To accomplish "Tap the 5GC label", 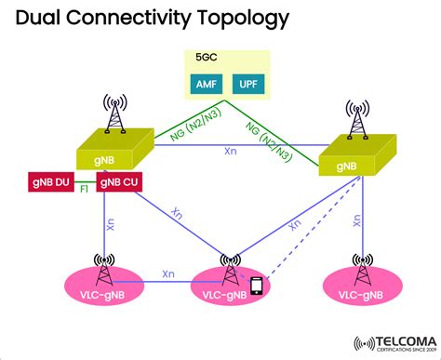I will [206, 58].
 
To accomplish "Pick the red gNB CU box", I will [120, 181].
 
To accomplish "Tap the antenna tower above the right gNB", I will [354, 118].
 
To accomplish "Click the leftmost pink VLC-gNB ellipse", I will [110, 291].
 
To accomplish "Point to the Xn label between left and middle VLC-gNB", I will [167, 274].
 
